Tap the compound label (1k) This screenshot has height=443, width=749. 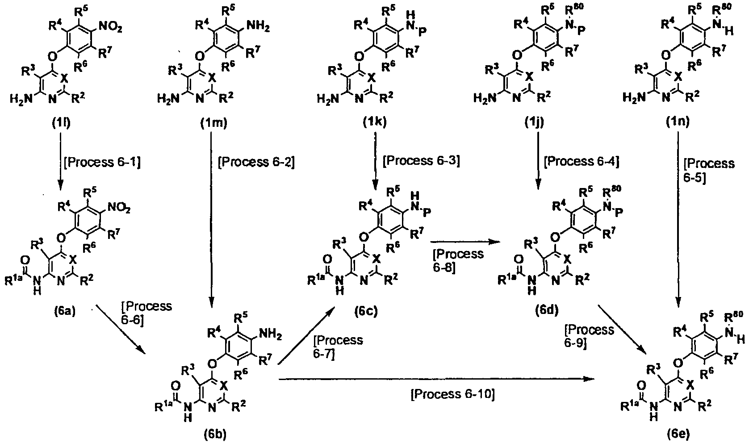pos(374,123)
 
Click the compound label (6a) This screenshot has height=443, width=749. pos(64,311)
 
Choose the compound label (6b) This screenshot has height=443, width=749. pos(215,434)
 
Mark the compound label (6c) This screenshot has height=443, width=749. pos(366,311)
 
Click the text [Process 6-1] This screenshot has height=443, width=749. pos(102,163)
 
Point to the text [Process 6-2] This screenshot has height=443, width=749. pos(256,163)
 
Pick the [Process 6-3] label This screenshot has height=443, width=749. pos(421,161)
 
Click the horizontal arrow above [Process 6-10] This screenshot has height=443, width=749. pos(437,379)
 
